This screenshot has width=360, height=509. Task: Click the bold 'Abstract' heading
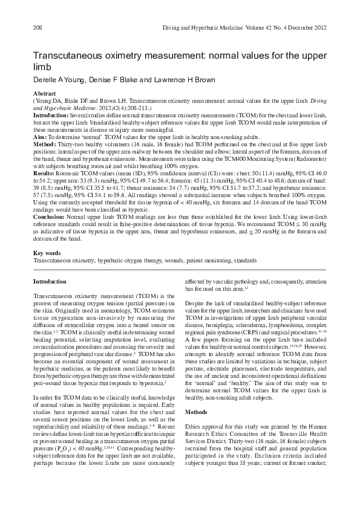tap(44, 94)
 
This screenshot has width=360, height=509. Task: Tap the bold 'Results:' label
tap(45, 173)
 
